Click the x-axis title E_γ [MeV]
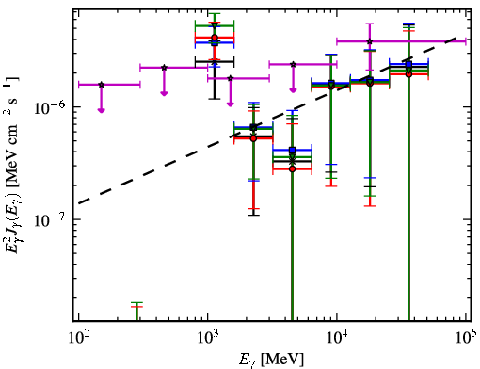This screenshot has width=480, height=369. [x=271, y=360]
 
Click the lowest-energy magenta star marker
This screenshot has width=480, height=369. [x=101, y=85]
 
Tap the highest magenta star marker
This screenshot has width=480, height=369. [x=370, y=41]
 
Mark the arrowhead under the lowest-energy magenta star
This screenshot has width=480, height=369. [x=101, y=110]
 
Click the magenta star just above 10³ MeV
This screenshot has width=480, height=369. [x=231, y=78]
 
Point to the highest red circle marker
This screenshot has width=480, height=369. [x=215, y=38]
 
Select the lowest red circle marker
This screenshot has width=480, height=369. [x=293, y=168]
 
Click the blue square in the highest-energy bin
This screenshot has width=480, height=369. [x=408, y=64]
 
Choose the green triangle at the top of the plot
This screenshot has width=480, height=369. [x=215, y=25]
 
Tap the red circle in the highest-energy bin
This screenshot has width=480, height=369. [x=408, y=74]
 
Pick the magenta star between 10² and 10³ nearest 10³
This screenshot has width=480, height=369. [x=164, y=68]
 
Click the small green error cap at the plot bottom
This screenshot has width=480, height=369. [x=136, y=303]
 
